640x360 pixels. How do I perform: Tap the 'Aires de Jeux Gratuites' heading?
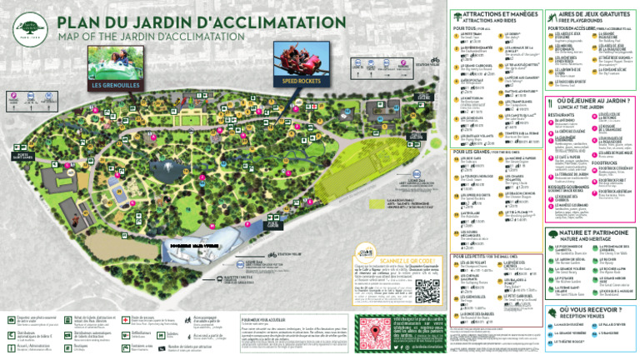(x=598, y=16)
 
